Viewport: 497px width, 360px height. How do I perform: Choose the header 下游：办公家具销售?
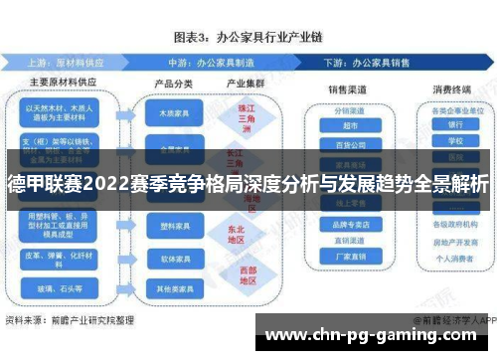coord(379,60)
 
